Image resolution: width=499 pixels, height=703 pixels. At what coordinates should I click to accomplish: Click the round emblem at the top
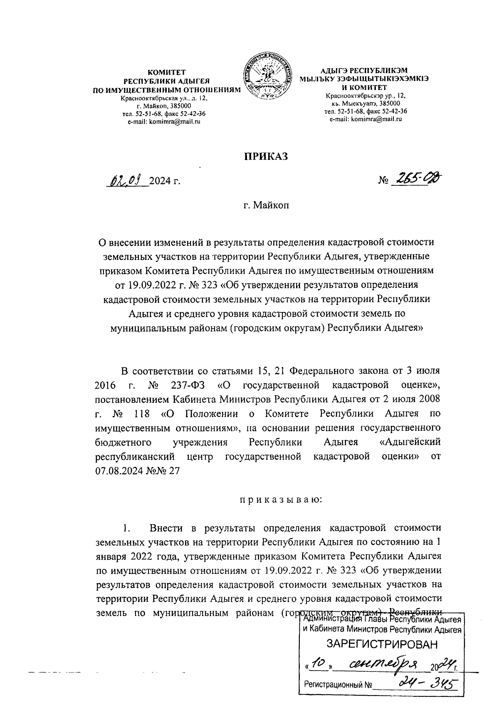coord(266,76)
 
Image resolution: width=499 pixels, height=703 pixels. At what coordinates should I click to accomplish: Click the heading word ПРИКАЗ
coord(266,156)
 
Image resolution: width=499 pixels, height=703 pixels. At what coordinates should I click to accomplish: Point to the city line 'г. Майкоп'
coord(266,205)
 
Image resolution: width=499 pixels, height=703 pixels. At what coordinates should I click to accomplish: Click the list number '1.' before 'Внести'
coord(127,528)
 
